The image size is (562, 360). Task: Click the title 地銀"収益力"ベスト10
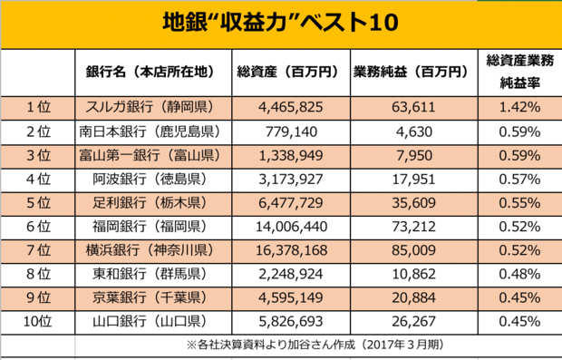[x=280, y=22]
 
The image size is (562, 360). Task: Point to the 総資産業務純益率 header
[x=519, y=71]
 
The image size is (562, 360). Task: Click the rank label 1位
[x=37, y=107]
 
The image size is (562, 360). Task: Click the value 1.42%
[x=519, y=107]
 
